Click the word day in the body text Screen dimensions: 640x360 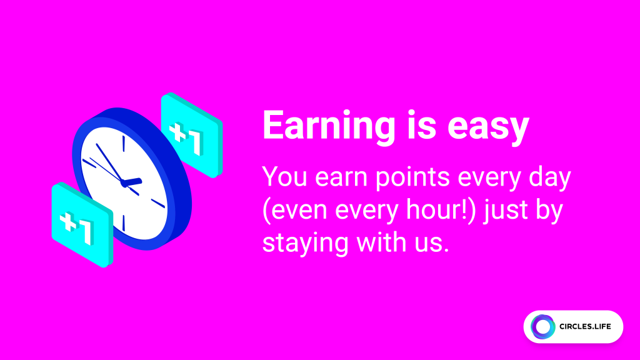tap(550, 177)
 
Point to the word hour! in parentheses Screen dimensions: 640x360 tap(436, 211)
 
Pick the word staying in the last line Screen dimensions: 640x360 tap(305, 243)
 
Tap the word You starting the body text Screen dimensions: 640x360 tap(284, 177)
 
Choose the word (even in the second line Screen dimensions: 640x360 tap(295, 211)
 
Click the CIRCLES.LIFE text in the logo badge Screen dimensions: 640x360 tap(585, 326)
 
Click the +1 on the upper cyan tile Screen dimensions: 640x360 tap(187, 137)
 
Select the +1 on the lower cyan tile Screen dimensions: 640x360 tap(77, 227)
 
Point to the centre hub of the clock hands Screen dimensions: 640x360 tap(124, 183)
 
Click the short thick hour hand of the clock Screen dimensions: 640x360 tap(132, 182)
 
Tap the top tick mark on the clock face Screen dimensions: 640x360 tap(124, 144)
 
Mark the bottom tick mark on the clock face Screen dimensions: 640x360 tap(124, 223)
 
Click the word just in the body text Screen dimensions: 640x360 tap(506, 211)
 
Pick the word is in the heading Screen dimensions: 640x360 tap(421, 127)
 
